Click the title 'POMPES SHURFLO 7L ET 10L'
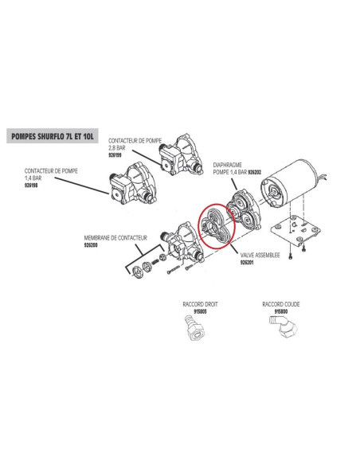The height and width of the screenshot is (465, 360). pyautogui.click(x=53, y=136)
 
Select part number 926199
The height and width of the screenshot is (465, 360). pyautogui.click(x=115, y=155)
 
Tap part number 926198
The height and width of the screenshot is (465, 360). pyautogui.click(x=31, y=186)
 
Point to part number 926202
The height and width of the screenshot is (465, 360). pyautogui.click(x=254, y=172)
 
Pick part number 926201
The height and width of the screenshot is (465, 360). pyautogui.click(x=247, y=263)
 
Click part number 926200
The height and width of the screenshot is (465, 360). pyautogui.click(x=91, y=245)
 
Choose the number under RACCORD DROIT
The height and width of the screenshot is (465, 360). pyautogui.click(x=200, y=311)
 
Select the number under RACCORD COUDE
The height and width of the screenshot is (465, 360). pyautogui.click(x=281, y=311)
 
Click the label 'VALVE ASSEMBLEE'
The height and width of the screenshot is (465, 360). pyautogui.click(x=260, y=255)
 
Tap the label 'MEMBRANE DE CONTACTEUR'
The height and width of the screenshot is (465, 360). pyautogui.click(x=115, y=238)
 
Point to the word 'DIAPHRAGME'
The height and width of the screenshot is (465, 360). pyautogui.click(x=228, y=165)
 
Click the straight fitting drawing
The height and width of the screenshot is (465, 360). pyautogui.click(x=195, y=329)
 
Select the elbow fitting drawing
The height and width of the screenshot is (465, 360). pyautogui.click(x=284, y=327)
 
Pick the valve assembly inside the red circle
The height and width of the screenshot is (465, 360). pyautogui.click(x=216, y=226)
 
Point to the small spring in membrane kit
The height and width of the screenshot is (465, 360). pyautogui.click(x=155, y=262)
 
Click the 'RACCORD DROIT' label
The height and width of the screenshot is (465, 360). pyautogui.click(x=200, y=304)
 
